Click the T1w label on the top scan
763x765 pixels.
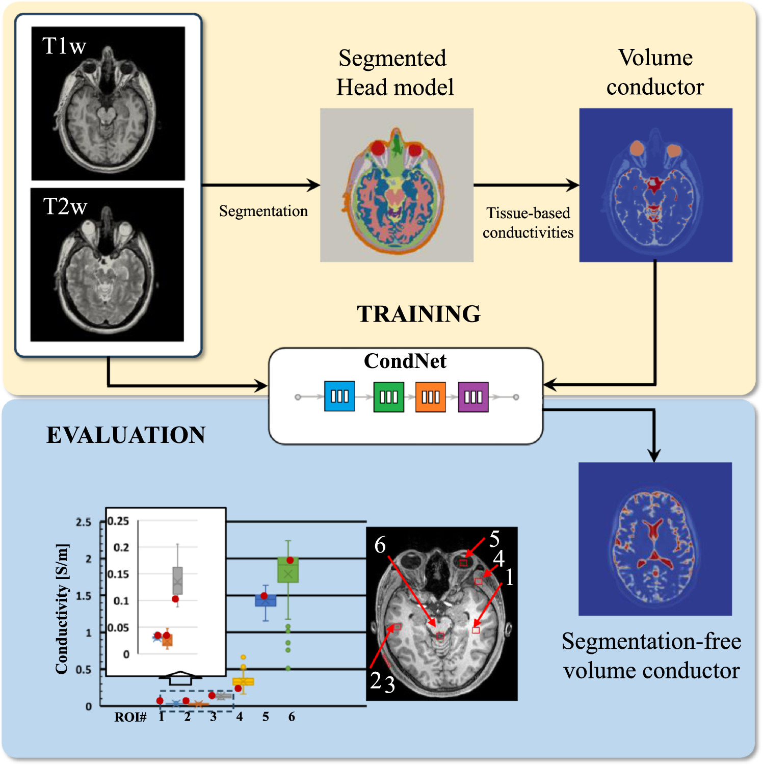pyautogui.click(x=64, y=46)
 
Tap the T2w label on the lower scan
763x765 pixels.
pyautogui.click(x=65, y=206)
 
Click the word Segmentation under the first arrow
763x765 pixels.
pyautogui.click(x=263, y=211)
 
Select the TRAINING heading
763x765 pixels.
pyautogui.click(x=418, y=314)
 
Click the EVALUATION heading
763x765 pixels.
pyautogui.click(x=125, y=435)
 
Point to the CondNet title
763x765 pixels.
pyautogui.click(x=405, y=361)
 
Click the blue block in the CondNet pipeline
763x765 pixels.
pyautogui.click(x=339, y=397)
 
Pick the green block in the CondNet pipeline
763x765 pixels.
pyautogui.click(x=388, y=397)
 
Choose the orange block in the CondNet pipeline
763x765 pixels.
pyautogui.click(x=431, y=397)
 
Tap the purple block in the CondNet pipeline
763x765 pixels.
pyautogui.click(x=473, y=397)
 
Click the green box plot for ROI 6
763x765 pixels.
pyautogui.click(x=288, y=570)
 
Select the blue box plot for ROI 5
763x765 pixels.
pyautogui.click(x=266, y=600)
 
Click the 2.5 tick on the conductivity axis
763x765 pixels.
pyautogui.click(x=84, y=522)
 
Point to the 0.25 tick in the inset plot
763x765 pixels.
pyautogui.click(x=118, y=521)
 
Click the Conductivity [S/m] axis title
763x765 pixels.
pyautogui.click(x=62, y=609)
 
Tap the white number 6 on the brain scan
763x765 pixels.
pyautogui.click(x=380, y=545)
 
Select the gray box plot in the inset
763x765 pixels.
pyautogui.click(x=177, y=581)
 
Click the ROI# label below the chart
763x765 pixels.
pyautogui.click(x=130, y=717)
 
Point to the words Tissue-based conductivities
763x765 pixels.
pyautogui.click(x=528, y=223)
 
